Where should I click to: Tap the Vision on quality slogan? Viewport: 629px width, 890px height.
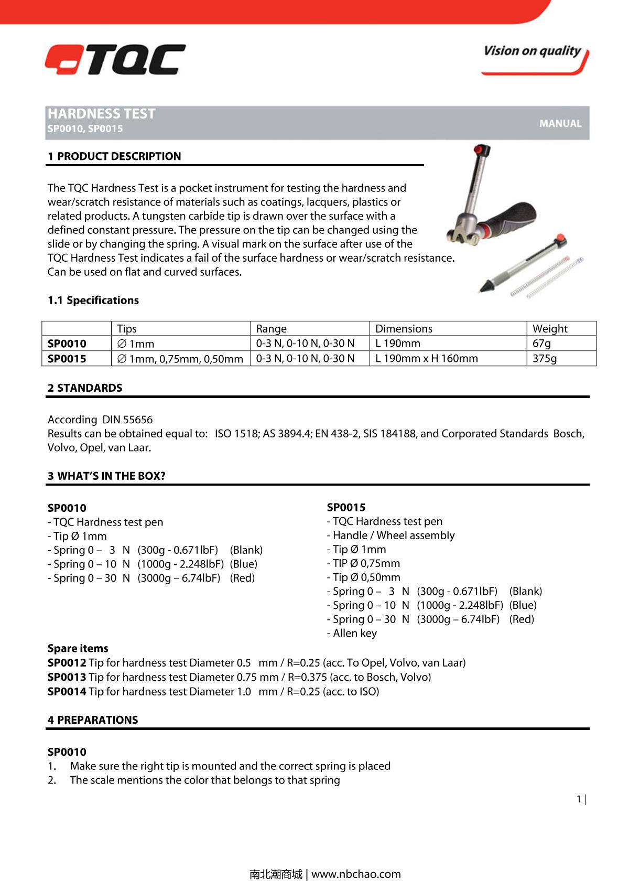pos(532,51)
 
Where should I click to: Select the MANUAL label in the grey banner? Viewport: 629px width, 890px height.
pos(560,124)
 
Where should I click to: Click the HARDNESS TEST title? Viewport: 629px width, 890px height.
pos(102,114)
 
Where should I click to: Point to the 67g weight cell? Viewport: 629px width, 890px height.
pos(541,344)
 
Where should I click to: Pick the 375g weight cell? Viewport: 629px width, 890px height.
pos(545,358)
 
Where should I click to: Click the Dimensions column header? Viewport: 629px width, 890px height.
pos(404,329)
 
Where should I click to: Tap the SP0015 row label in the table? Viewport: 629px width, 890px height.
pos(67,359)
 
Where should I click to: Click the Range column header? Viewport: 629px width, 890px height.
pos(271,329)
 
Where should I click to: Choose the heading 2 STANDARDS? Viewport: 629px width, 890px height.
pos(85,388)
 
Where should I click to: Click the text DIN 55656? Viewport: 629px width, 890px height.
pos(127,420)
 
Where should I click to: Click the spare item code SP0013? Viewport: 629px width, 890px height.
pos(67,677)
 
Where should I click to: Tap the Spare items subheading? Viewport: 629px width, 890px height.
pos(78,648)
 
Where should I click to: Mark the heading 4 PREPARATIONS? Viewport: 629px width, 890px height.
pos(93,720)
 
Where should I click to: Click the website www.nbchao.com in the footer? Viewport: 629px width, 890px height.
pos(356,874)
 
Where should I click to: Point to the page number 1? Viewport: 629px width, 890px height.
pos(579,799)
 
